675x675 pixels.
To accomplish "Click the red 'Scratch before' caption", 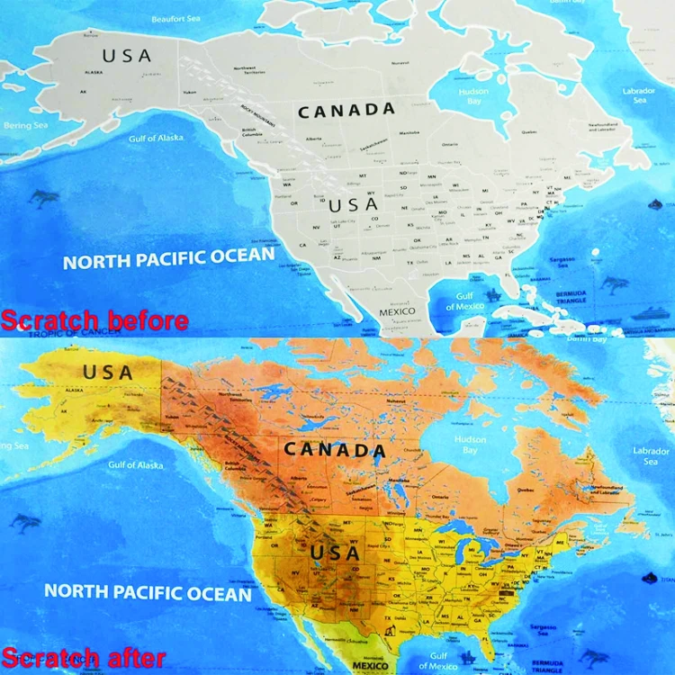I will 94,320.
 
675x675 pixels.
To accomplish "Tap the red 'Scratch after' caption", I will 83,658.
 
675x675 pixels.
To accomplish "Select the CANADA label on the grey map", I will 346,111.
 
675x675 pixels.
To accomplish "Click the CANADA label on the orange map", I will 336,449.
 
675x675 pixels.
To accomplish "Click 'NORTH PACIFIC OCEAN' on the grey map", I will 168,259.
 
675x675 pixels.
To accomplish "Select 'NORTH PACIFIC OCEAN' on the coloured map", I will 148,593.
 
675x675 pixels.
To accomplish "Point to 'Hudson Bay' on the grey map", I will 474,97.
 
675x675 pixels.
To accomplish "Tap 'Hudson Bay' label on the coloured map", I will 470,445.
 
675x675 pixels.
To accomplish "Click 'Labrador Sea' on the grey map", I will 640,95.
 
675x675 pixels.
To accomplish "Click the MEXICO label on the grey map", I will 397,311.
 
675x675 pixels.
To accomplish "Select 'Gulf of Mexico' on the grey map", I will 464,301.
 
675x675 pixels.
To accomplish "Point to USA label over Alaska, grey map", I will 127,56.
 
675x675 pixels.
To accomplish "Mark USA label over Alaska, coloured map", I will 108,371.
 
